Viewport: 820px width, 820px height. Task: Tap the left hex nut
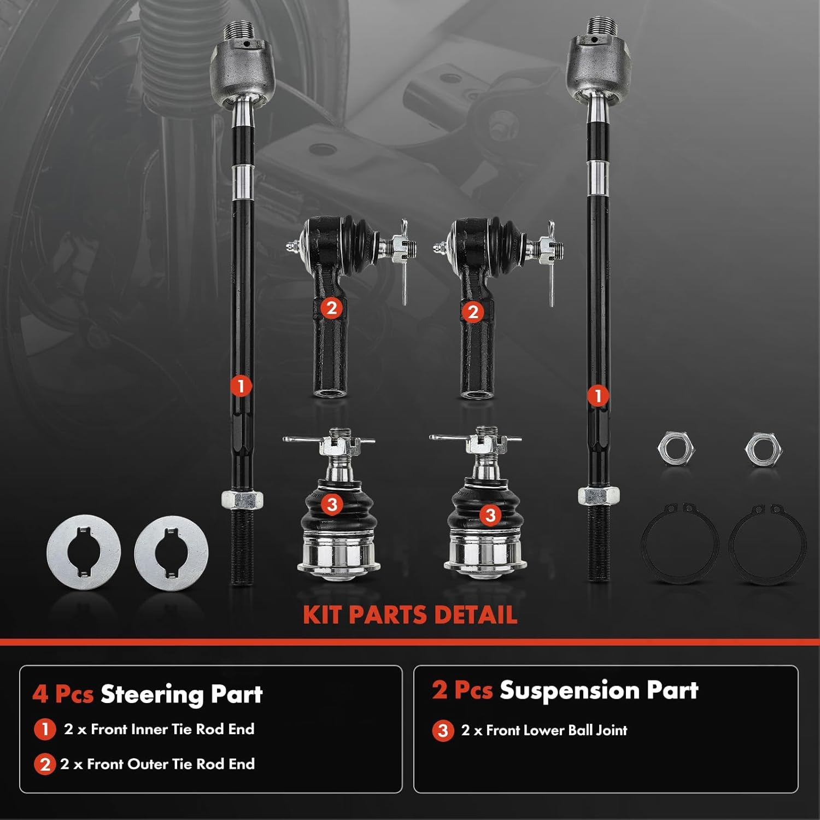tap(676, 449)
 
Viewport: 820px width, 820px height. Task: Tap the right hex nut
tap(763, 449)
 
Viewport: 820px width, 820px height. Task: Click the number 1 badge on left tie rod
tap(241, 386)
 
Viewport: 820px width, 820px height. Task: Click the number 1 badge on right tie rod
tap(598, 395)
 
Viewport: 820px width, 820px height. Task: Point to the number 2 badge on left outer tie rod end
tap(331, 308)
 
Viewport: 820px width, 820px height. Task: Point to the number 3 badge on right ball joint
tap(490, 514)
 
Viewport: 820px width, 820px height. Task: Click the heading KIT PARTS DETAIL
tap(410, 615)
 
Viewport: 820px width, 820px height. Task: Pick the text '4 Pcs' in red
tap(63, 694)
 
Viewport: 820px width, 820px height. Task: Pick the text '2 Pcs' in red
tap(462, 690)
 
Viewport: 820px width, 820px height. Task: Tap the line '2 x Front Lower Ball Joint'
tap(544, 730)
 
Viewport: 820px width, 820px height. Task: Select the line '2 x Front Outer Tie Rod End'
tap(157, 764)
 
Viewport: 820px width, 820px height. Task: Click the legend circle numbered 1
tap(45, 730)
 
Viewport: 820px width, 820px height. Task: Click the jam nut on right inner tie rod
tap(599, 496)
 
